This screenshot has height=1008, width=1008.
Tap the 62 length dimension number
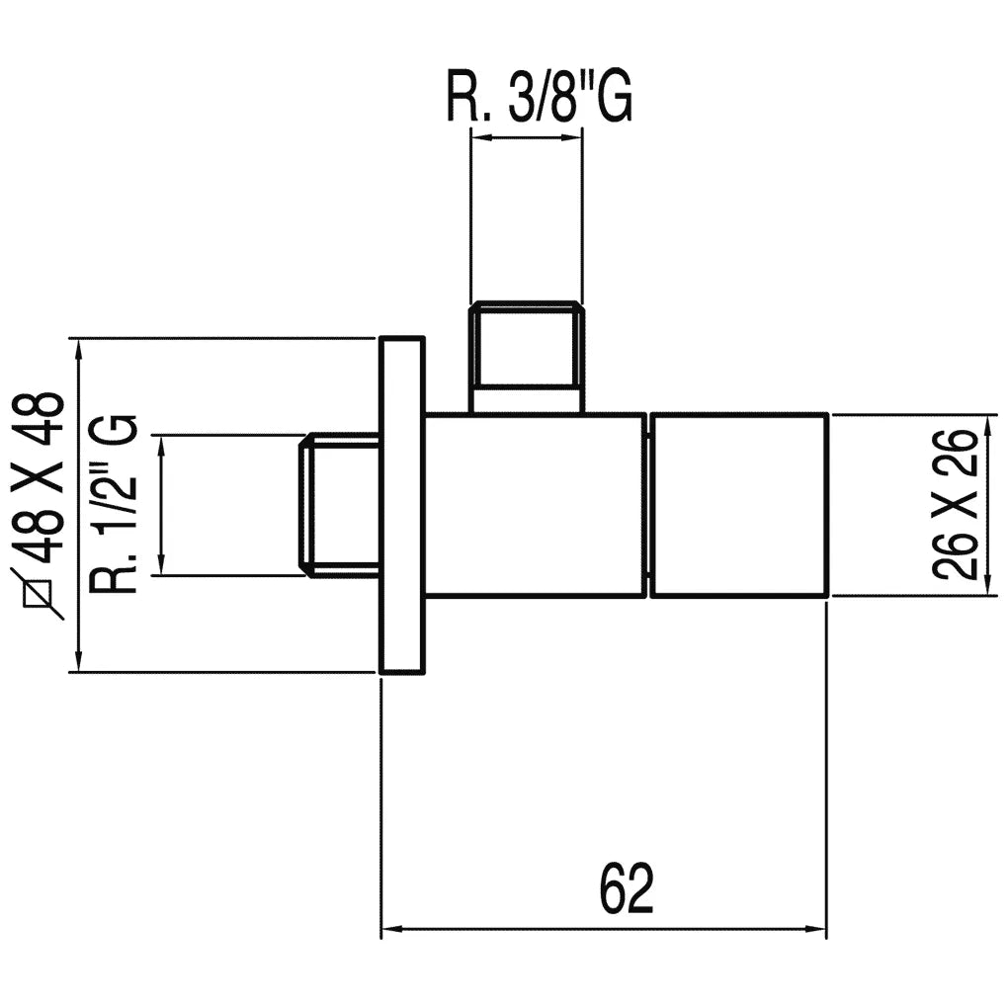click(627, 889)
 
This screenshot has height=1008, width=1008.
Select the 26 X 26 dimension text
click(955, 505)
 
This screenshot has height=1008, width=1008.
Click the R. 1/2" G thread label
click(114, 504)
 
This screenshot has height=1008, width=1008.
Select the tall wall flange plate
click(402, 505)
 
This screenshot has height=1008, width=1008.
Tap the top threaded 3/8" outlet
click(527, 357)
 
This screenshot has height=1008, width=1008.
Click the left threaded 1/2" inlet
click(340, 505)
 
